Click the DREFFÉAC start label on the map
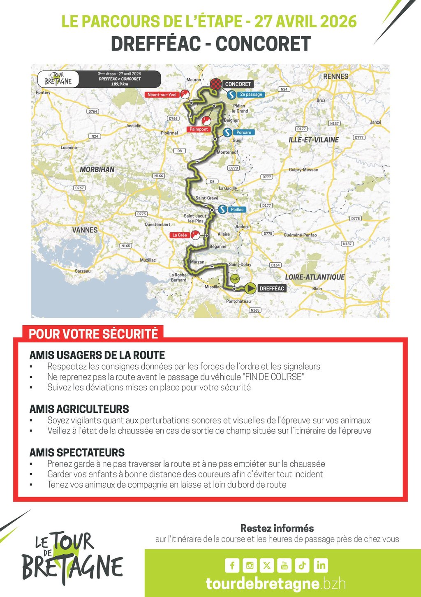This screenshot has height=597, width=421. tap(272, 289)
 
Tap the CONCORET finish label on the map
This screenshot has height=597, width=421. tap(238, 84)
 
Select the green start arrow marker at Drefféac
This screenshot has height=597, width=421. tap(250, 289)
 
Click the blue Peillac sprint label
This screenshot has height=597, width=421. tap(237, 210)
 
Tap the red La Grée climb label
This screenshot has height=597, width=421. tap(179, 235)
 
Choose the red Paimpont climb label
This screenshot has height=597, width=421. tap(199, 129)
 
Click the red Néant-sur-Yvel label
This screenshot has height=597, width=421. tap(162, 95)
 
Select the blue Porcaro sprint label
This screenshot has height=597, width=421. tap(243, 132)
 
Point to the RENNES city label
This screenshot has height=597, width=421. tap(335, 76)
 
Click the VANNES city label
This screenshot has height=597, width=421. tap(85, 230)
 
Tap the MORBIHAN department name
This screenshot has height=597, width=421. tap(97, 169)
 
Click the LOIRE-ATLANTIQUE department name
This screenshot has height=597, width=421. tap(315, 277)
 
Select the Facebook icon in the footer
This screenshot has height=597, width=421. tap(232, 565)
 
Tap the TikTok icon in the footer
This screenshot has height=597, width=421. tap(302, 565)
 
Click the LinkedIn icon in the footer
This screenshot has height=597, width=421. tap(321, 565)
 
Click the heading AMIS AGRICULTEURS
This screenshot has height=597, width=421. tap(79, 409)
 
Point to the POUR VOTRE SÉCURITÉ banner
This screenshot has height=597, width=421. tap(93, 333)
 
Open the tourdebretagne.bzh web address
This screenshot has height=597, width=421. tap(275, 584)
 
